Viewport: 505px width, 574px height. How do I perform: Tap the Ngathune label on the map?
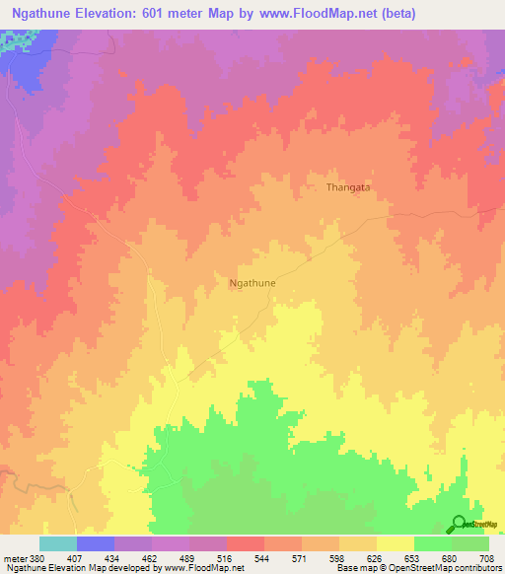(x=252, y=283)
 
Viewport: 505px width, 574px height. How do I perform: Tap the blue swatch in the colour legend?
(x=95, y=543)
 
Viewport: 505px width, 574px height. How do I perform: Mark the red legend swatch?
(x=245, y=543)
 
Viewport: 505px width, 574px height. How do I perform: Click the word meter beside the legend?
(x=14, y=559)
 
